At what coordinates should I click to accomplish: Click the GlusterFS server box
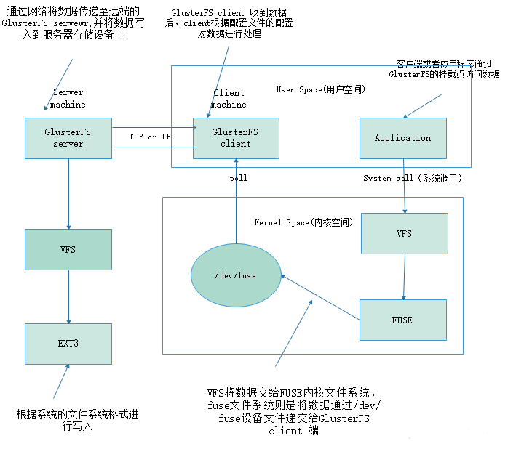(68, 138)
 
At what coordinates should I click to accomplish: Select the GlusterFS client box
(235, 138)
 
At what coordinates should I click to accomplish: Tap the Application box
(402, 138)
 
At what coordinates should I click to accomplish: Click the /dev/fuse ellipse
(236, 275)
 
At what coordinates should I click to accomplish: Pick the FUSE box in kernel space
(402, 320)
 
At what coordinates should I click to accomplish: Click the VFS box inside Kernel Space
(403, 234)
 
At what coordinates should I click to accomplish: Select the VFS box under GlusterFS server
(68, 249)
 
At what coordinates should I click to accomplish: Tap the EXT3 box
(68, 344)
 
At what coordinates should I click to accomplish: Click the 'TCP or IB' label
(150, 137)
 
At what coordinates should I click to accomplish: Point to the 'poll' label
(239, 178)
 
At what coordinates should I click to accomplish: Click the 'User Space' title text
(320, 89)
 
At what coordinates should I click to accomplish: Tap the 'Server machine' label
(68, 98)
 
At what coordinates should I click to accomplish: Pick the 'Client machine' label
(229, 99)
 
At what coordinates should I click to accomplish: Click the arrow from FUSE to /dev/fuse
(320, 297)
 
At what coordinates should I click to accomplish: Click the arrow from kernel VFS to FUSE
(404, 277)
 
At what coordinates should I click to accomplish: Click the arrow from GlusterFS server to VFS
(68, 193)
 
